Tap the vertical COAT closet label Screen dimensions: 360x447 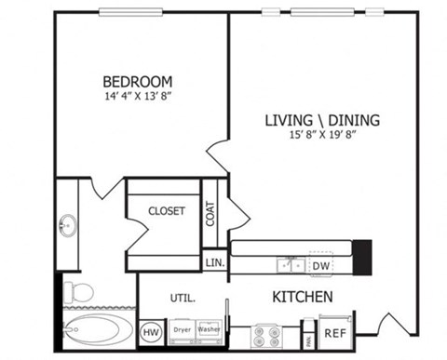[210, 215]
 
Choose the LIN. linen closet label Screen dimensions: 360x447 [213, 262]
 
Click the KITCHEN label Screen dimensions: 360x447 [302, 297]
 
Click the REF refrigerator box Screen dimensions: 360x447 [334, 330]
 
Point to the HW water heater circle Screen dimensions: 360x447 [149, 331]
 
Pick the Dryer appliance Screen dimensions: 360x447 [181, 330]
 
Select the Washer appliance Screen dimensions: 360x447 [208, 330]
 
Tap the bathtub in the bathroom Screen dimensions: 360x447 [98, 330]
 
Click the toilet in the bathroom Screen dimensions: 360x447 [79, 292]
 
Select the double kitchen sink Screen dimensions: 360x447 [290, 265]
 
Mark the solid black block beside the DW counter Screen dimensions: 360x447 [362, 253]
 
